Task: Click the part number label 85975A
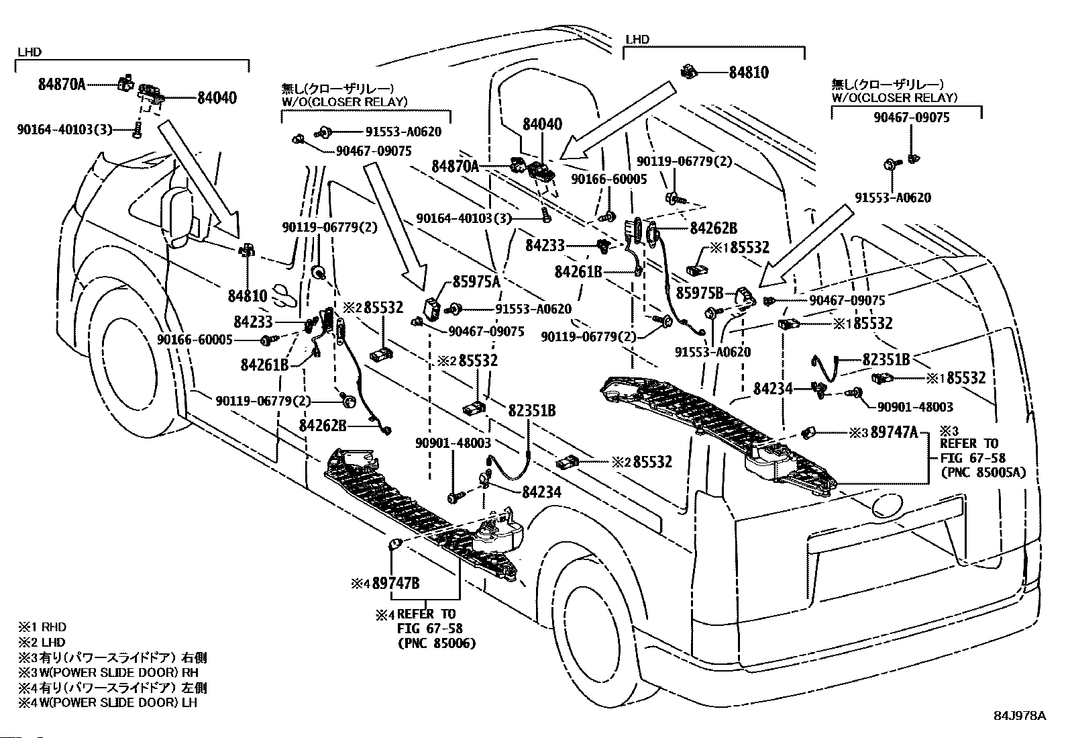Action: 476,281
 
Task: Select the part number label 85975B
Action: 700,293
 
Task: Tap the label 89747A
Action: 894,432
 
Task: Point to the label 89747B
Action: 396,583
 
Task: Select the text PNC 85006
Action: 437,643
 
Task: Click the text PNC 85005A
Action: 983,473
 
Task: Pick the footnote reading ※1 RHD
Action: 42,627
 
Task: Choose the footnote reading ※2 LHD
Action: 42,642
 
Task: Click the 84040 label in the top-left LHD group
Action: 217,98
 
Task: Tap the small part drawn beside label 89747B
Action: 396,543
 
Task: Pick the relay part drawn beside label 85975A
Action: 433,309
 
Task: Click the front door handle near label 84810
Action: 284,296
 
